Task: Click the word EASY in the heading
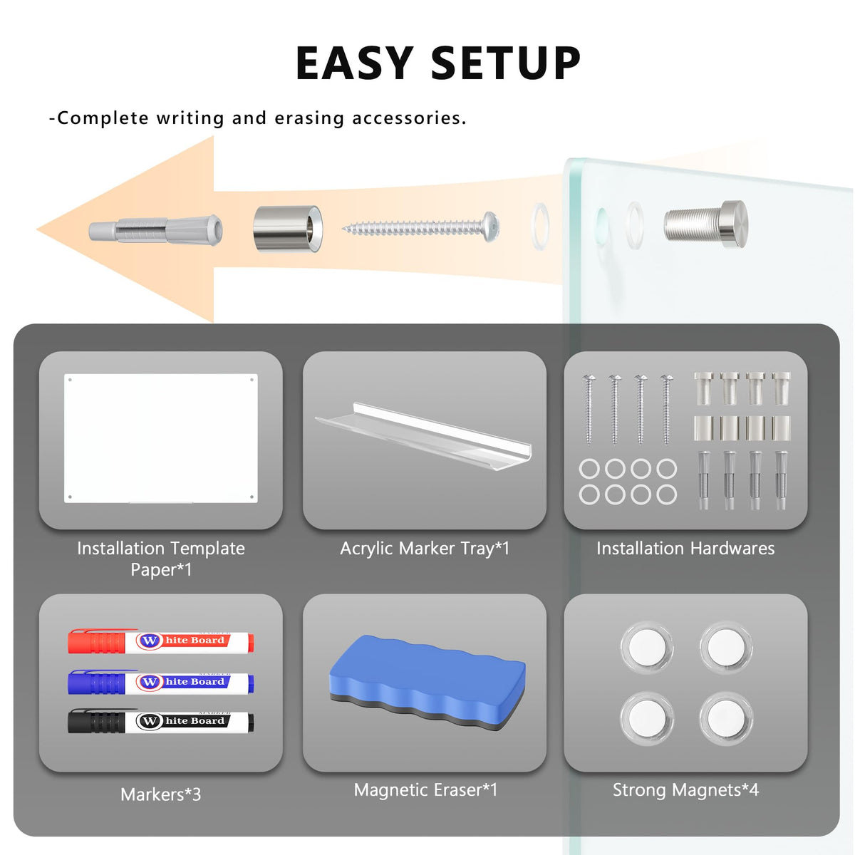355,63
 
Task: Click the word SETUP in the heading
505,63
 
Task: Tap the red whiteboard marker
160,641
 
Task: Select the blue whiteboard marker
160,682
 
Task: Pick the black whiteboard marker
160,721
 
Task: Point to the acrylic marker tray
424,436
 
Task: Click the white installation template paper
160,438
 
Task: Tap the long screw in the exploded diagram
420,227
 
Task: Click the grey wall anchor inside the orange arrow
155,230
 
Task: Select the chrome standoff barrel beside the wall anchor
288,229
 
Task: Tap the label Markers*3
160,794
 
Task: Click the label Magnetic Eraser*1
425,789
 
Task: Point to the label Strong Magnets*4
685,789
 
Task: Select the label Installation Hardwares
685,549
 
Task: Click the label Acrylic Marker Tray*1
425,549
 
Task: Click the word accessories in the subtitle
409,118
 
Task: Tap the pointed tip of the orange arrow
37,229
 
